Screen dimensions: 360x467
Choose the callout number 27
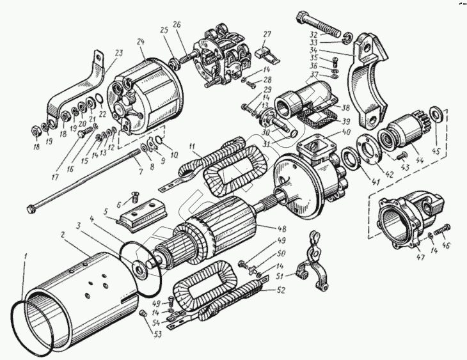click(x=267, y=35)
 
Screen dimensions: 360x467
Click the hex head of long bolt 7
click(x=31, y=208)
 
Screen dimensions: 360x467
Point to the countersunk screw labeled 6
click(x=134, y=196)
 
